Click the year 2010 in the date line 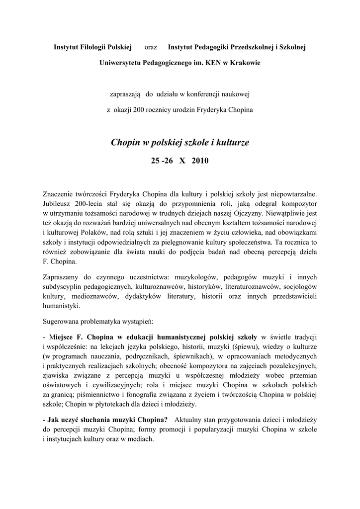point(201,161)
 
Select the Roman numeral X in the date point(182,161)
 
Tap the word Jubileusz point(59,204)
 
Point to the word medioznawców point(92,296)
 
